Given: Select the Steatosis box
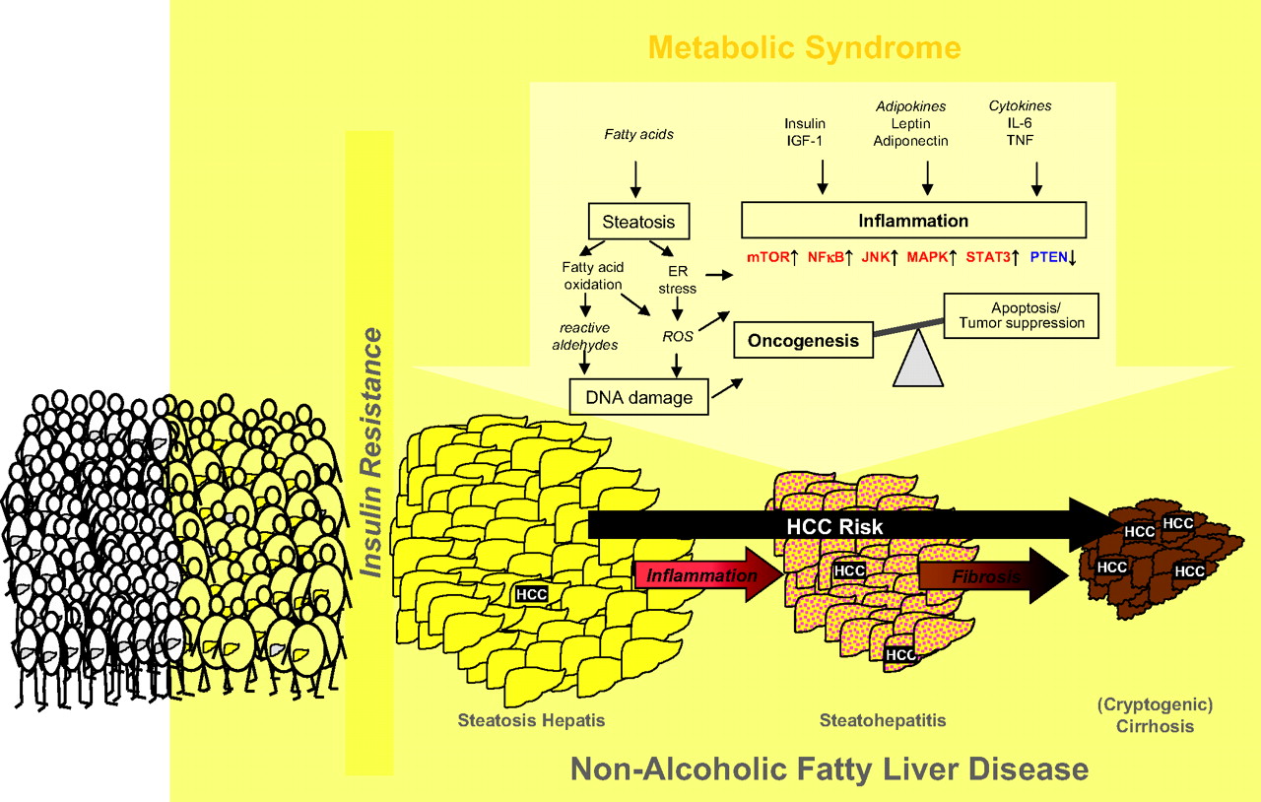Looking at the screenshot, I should (x=638, y=221).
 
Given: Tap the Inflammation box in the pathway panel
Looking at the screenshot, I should (x=912, y=221).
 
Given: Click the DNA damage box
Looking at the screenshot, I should (x=638, y=398).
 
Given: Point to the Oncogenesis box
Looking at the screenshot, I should (x=803, y=341).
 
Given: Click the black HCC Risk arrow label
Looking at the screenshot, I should (x=833, y=526).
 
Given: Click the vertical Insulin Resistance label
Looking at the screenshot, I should (x=372, y=453).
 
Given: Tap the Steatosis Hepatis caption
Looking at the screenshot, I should (x=531, y=720).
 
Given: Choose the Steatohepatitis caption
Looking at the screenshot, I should (x=883, y=720).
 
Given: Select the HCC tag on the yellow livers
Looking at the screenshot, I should (x=532, y=594).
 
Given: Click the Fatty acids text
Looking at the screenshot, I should (x=638, y=134).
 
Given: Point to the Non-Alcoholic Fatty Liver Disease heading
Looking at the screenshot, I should (x=830, y=769).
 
